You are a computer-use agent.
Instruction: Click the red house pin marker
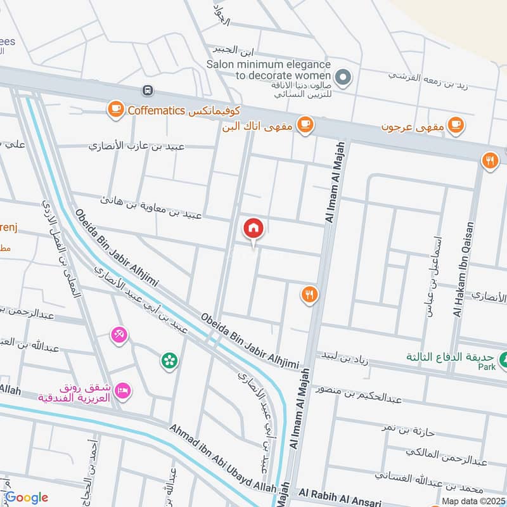(x=253, y=229)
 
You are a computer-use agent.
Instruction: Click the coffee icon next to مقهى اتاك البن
(x=305, y=125)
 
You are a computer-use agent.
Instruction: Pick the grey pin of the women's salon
(x=343, y=79)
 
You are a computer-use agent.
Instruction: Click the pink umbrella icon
(x=119, y=334)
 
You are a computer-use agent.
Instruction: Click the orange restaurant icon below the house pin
(x=309, y=295)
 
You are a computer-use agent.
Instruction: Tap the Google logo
(x=26, y=497)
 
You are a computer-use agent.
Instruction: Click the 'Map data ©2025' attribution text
(x=474, y=501)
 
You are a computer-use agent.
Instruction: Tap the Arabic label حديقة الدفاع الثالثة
(x=450, y=357)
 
